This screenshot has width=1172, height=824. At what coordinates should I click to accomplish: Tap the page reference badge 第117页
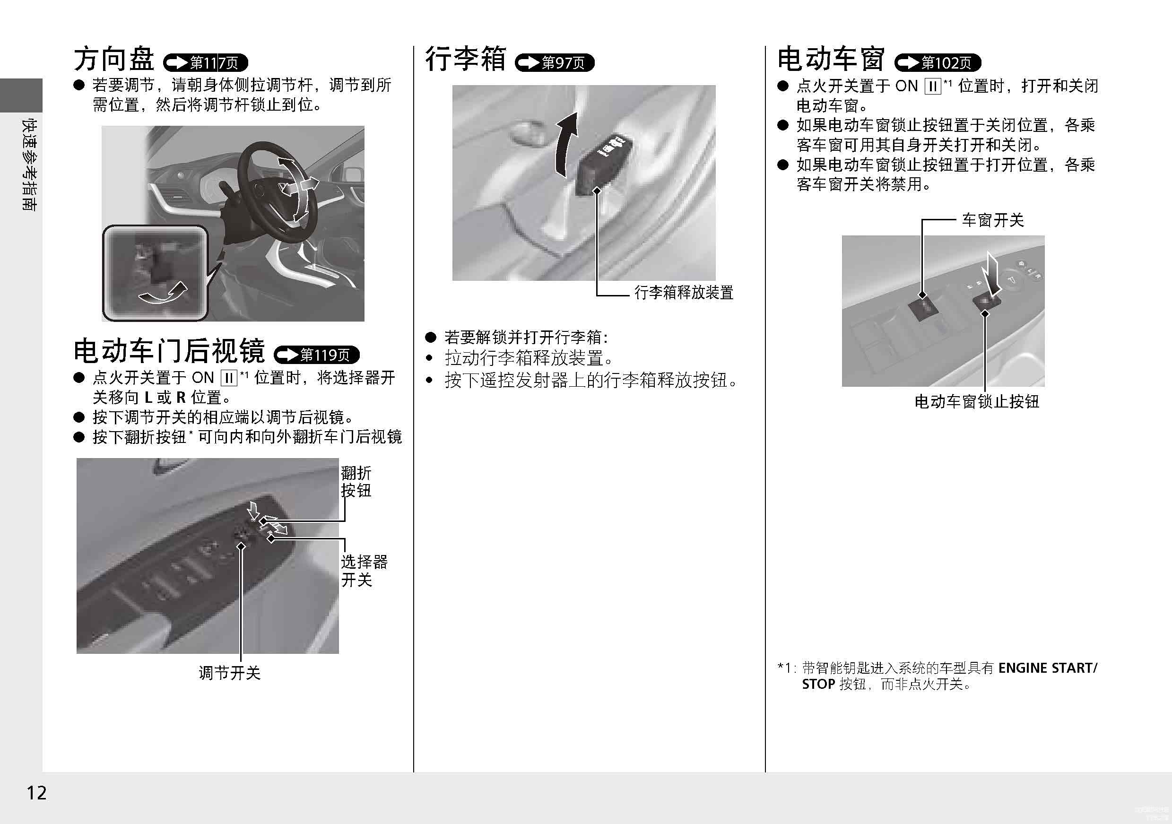[x=205, y=62]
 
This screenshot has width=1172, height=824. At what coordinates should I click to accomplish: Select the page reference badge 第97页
[x=555, y=62]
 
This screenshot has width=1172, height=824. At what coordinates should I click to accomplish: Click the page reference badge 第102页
[x=938, y=62]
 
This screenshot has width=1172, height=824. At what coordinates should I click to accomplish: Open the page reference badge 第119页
[x=316, y=354]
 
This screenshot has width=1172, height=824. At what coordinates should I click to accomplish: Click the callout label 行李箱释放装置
[x=684, y=293]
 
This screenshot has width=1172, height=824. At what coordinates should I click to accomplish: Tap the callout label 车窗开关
[x=993, y=221]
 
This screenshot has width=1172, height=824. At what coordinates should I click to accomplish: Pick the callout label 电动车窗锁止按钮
[x=976, y=402]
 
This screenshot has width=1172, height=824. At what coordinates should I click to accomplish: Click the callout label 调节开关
[x=230, y=672]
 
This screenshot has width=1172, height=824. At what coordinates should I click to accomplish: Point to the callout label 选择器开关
[x=365, y=571]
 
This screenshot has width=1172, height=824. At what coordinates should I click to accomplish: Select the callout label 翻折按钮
[x=356, y=481]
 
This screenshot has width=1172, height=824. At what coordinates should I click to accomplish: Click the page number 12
[x=36, y=792]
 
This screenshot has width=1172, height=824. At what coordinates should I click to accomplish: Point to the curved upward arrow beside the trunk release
[x=566, y=145]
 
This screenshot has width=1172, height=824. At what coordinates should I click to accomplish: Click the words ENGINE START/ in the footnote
[x=1048, y=668]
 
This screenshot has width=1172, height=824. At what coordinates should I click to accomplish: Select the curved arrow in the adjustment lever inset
[x=162, y=295]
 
